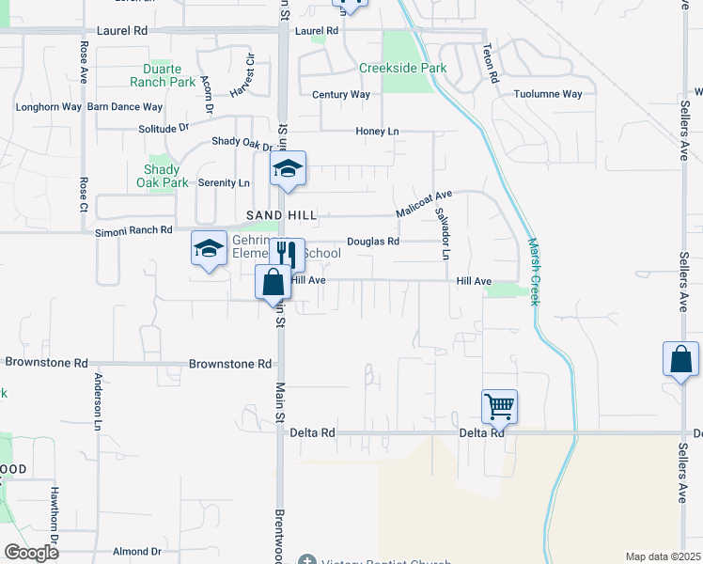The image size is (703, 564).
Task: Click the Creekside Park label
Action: (x=402, y=69)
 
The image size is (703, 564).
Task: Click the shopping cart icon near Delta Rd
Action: (x=499, y=407)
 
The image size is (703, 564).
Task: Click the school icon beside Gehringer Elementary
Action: (x=209, y=248)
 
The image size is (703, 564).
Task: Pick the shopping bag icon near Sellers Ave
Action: (x=680, y=360)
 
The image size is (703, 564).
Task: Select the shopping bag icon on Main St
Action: (x=273, y=281)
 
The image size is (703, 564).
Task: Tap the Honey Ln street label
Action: (x=377, y=132)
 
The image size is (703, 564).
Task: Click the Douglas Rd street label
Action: (x=373, y=242)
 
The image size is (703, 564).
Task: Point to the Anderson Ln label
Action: (x=97, y=400)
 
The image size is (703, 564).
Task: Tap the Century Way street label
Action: (x=341, y=95)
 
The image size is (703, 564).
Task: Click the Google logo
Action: (x=32, y=553)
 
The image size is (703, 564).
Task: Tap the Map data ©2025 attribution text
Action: (x=663, y=556)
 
